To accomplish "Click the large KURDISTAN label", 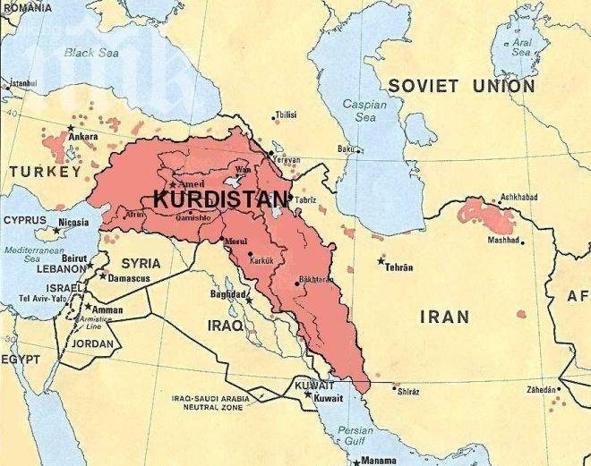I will click(220, 199).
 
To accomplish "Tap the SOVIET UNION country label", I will click(461, 87).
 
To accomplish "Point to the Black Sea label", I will click(92, 53).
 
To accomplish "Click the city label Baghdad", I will click(227, 294).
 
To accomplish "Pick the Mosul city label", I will click(236, 242).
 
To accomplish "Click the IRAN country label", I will click(444, 317).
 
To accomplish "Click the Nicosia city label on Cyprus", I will click(73, 222).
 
